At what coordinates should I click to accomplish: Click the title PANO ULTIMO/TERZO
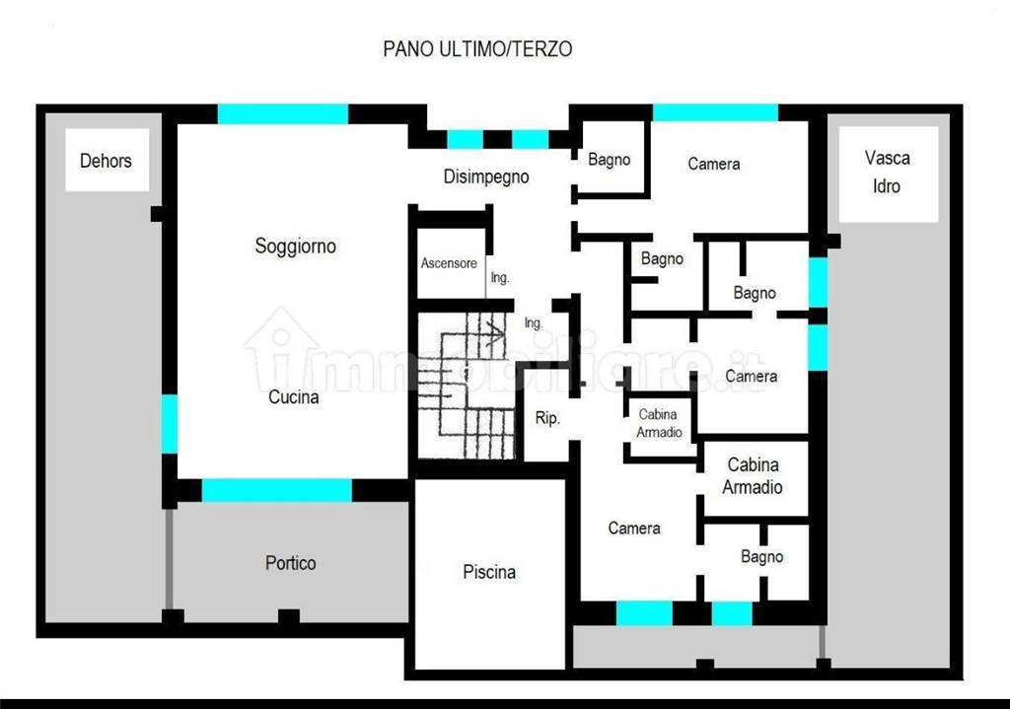coord(477,49)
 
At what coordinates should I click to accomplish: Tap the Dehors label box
coord(107,160)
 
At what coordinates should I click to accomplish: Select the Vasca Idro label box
coord(889,174)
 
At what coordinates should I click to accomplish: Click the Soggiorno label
coord(296,246)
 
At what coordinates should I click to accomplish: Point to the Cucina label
coord(293,396)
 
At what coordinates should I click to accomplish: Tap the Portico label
coord(291,563)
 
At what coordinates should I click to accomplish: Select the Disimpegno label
coord(486,177)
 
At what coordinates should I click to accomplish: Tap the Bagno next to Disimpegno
coord(610,159)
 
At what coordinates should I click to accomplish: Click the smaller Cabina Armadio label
coord(658,423)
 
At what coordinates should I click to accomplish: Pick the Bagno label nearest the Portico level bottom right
coord(762,556)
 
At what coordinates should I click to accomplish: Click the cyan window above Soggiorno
coord(283,114)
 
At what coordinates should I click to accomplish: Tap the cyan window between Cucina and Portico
coord(277,490)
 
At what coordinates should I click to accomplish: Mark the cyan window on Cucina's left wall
coord(170,424)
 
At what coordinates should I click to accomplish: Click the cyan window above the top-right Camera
coord(716,112)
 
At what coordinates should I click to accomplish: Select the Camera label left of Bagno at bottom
coord(634,528)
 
